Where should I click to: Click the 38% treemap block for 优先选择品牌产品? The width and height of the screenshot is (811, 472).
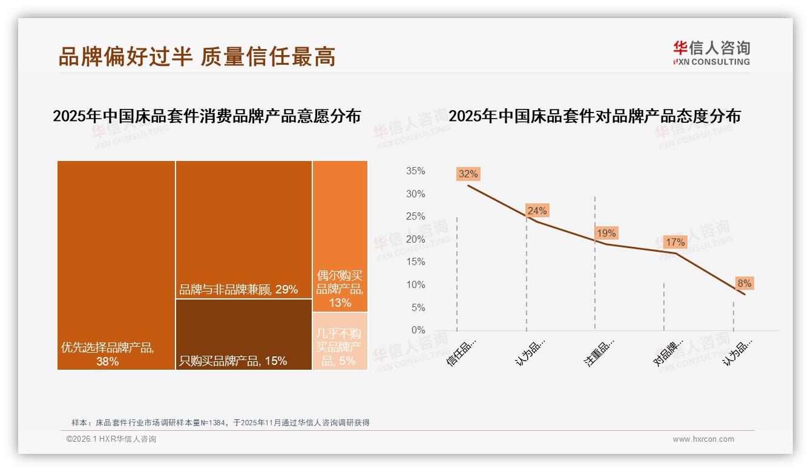pyautogui.click(x=116, y=265)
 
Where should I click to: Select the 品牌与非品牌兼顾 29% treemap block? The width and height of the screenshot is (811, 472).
pyautogui.click(x=244, y=230)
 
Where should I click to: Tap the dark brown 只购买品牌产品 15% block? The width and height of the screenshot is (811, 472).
pyautogui.click(x=244, y=334)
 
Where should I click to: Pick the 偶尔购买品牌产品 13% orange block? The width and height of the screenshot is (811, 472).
pyautogui.click(x=340, y=236)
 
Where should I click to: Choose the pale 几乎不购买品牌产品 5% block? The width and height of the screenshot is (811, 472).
pyautogui.click(x=340, y=341)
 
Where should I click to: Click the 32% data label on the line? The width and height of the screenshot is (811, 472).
pyautogui.click(x=468, y=174)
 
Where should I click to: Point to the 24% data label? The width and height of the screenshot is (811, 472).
pyautogui.click(x=537, y=211)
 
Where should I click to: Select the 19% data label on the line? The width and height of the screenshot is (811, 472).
pyautogui.click(x=606, y=233)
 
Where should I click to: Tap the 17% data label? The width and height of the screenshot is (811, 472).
pyautogui.click(x=675, y=242)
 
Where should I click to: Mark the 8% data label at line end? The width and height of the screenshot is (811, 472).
pyautogui.click(x=744, y=283)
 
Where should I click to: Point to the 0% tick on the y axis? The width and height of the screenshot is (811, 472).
pyautogui.click(x=418, y=330)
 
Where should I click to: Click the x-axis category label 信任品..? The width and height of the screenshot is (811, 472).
pyautogui.click(x=462, y=352)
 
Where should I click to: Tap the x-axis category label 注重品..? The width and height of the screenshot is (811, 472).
pyautogui.click(x=599, y=352)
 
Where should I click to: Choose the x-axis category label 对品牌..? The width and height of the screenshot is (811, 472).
pyautogui.click(x=668, y=352)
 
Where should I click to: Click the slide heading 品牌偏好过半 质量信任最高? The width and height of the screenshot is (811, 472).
pyautogui.click(x=197, y=56)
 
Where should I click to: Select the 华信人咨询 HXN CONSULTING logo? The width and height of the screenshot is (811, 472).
pyautogui.click(x=711, y=53)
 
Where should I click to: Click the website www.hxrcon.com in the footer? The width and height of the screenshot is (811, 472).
pyautogui.click(x=703, y=439)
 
